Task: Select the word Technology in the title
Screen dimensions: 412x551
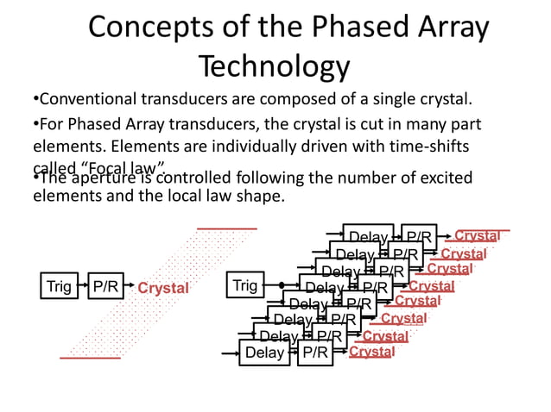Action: coord(274,66)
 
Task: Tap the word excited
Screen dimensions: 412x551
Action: coord(444,178)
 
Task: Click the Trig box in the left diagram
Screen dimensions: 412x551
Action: coord(59,285)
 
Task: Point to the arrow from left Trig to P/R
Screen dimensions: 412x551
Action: coord(83,285)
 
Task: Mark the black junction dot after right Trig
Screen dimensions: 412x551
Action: coord(282,284)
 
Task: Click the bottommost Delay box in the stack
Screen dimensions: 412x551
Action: coord(264,353)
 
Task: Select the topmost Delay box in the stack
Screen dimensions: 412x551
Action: coord(367,236)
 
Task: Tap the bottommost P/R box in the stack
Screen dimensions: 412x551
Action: coord(314,353)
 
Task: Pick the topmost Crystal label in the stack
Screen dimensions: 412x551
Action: coord(477,235)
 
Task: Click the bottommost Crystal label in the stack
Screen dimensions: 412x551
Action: coord(372,352)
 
